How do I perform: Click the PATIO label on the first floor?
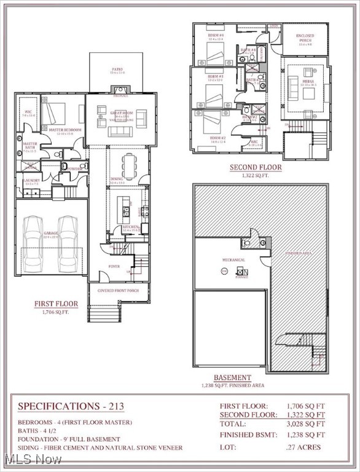click(117, 69)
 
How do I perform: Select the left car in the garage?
click(34, 243)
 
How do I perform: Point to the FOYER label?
click(114, 266)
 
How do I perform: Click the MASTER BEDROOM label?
click(61, 130)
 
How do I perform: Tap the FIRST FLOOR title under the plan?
click(56, 304)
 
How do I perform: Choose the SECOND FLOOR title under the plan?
click(256, 167)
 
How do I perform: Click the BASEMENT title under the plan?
click(232, 377)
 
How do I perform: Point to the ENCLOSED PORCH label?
click(305, 39)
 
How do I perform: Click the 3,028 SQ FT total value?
click(305, 424)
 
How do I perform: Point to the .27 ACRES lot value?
click(304, 447)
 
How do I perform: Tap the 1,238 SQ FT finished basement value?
click(305, 436)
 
